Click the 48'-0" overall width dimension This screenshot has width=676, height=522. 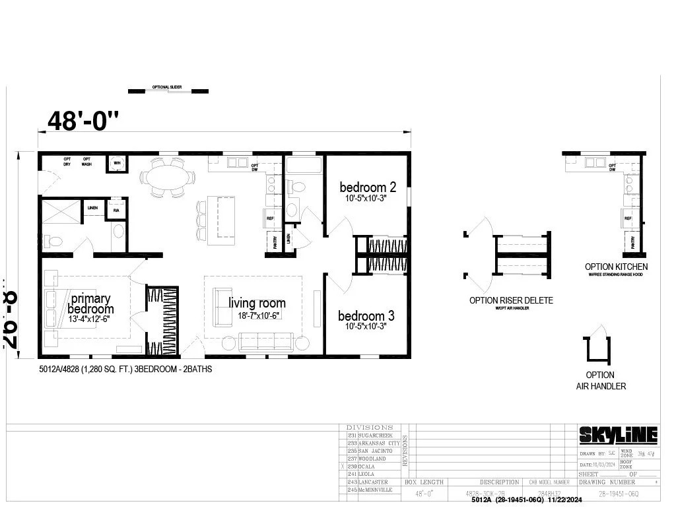click(84, 121)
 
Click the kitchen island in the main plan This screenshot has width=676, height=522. click(221, 220)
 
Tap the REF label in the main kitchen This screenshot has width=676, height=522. click(270, 218)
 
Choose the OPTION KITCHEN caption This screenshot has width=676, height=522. click(616, 267)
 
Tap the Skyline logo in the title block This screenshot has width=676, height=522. click(618, 435)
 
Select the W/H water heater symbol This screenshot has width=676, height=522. click(117, 163)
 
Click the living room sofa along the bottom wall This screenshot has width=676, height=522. click(265, 341)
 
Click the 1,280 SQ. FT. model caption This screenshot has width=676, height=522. click(125, 370)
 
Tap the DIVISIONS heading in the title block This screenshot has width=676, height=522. click(370, 428)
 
